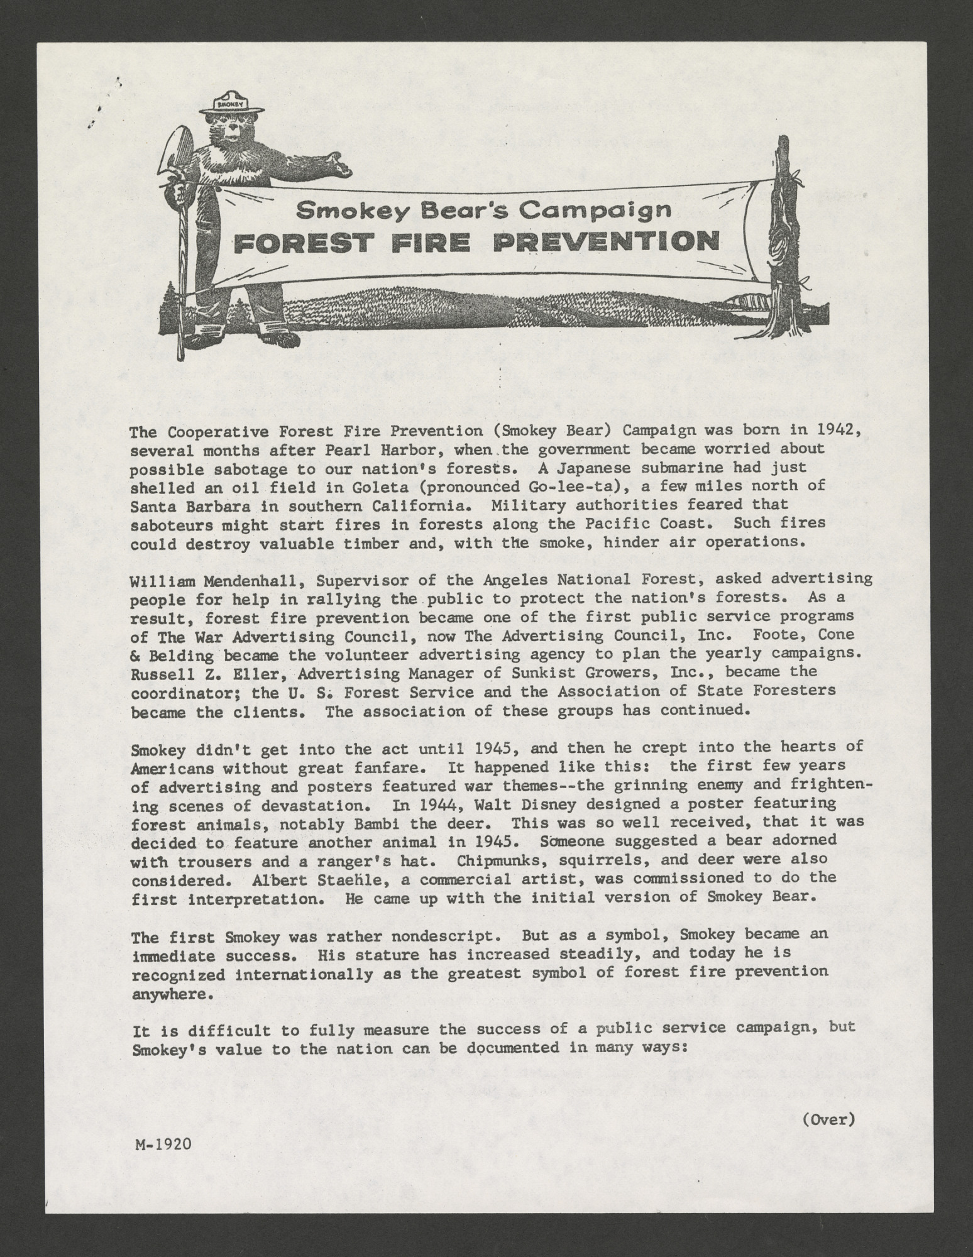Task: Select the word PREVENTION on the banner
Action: [x=606, y=243]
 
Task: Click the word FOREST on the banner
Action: [x=297, y=244]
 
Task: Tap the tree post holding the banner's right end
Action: [x=783, y=233]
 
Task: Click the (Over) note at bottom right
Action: [x=828, y=1119]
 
